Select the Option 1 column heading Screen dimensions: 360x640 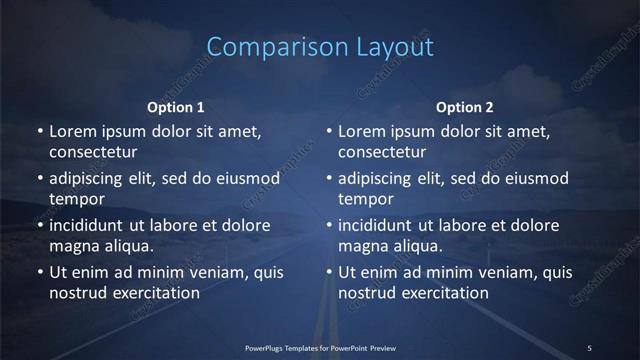point(176,107)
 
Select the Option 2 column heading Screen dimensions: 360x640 point(465,107)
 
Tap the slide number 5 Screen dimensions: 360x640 point(589,347)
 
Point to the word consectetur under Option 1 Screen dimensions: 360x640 point(92,152)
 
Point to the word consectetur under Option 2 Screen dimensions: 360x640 point(382,152)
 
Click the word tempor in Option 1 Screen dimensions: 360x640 point(75,199)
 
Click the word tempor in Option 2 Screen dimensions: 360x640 point(365,199)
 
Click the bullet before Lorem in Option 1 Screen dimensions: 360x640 point(39,131)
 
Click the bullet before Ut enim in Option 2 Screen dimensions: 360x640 point(329,272)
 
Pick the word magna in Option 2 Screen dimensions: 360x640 point(363,245)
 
